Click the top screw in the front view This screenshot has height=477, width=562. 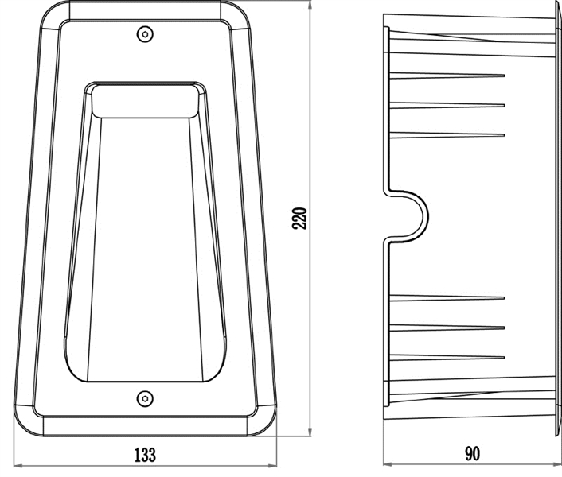tap(145, 34)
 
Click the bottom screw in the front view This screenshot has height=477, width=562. tap(145, 398)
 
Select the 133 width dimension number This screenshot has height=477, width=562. tap(145, 455)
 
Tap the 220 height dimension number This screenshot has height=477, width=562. tap(299, 219)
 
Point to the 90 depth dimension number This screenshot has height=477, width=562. tap(472, 454)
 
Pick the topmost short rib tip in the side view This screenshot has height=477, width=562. tap(504, 76)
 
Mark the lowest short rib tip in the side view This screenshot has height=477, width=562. tap(504, 357)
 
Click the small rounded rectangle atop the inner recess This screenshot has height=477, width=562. tap(145, 102)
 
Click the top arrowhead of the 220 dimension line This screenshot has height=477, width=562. tap(310, 4)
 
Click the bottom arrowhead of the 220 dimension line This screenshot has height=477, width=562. tap(310, 432)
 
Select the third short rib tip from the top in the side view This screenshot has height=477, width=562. tap(504, 135)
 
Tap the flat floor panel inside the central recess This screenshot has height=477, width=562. tap(145, 250)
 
